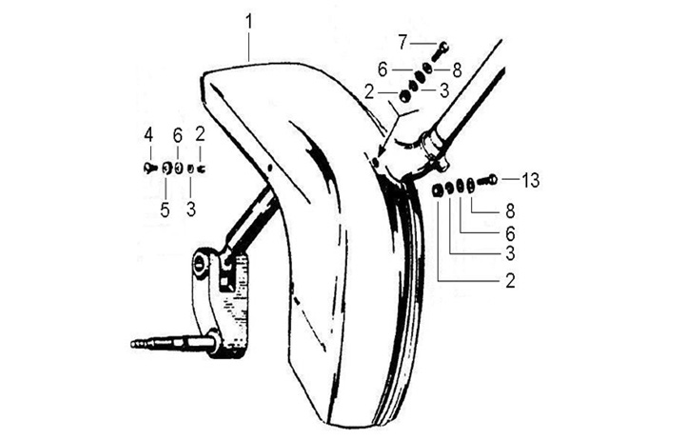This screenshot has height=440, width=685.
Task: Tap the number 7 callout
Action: point(402,42)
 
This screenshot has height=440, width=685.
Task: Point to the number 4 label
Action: point(148,132)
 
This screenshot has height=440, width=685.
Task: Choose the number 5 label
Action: point(164,209)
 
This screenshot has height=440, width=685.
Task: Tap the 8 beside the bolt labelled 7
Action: point(457,69)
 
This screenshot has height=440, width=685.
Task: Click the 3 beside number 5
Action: point(190,209)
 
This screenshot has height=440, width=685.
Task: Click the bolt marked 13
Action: point(487,180)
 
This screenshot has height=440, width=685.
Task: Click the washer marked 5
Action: point(165,170)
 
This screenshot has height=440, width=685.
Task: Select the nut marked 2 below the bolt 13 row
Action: point(435,190)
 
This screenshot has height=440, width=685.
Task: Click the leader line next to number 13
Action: point(510,179)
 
